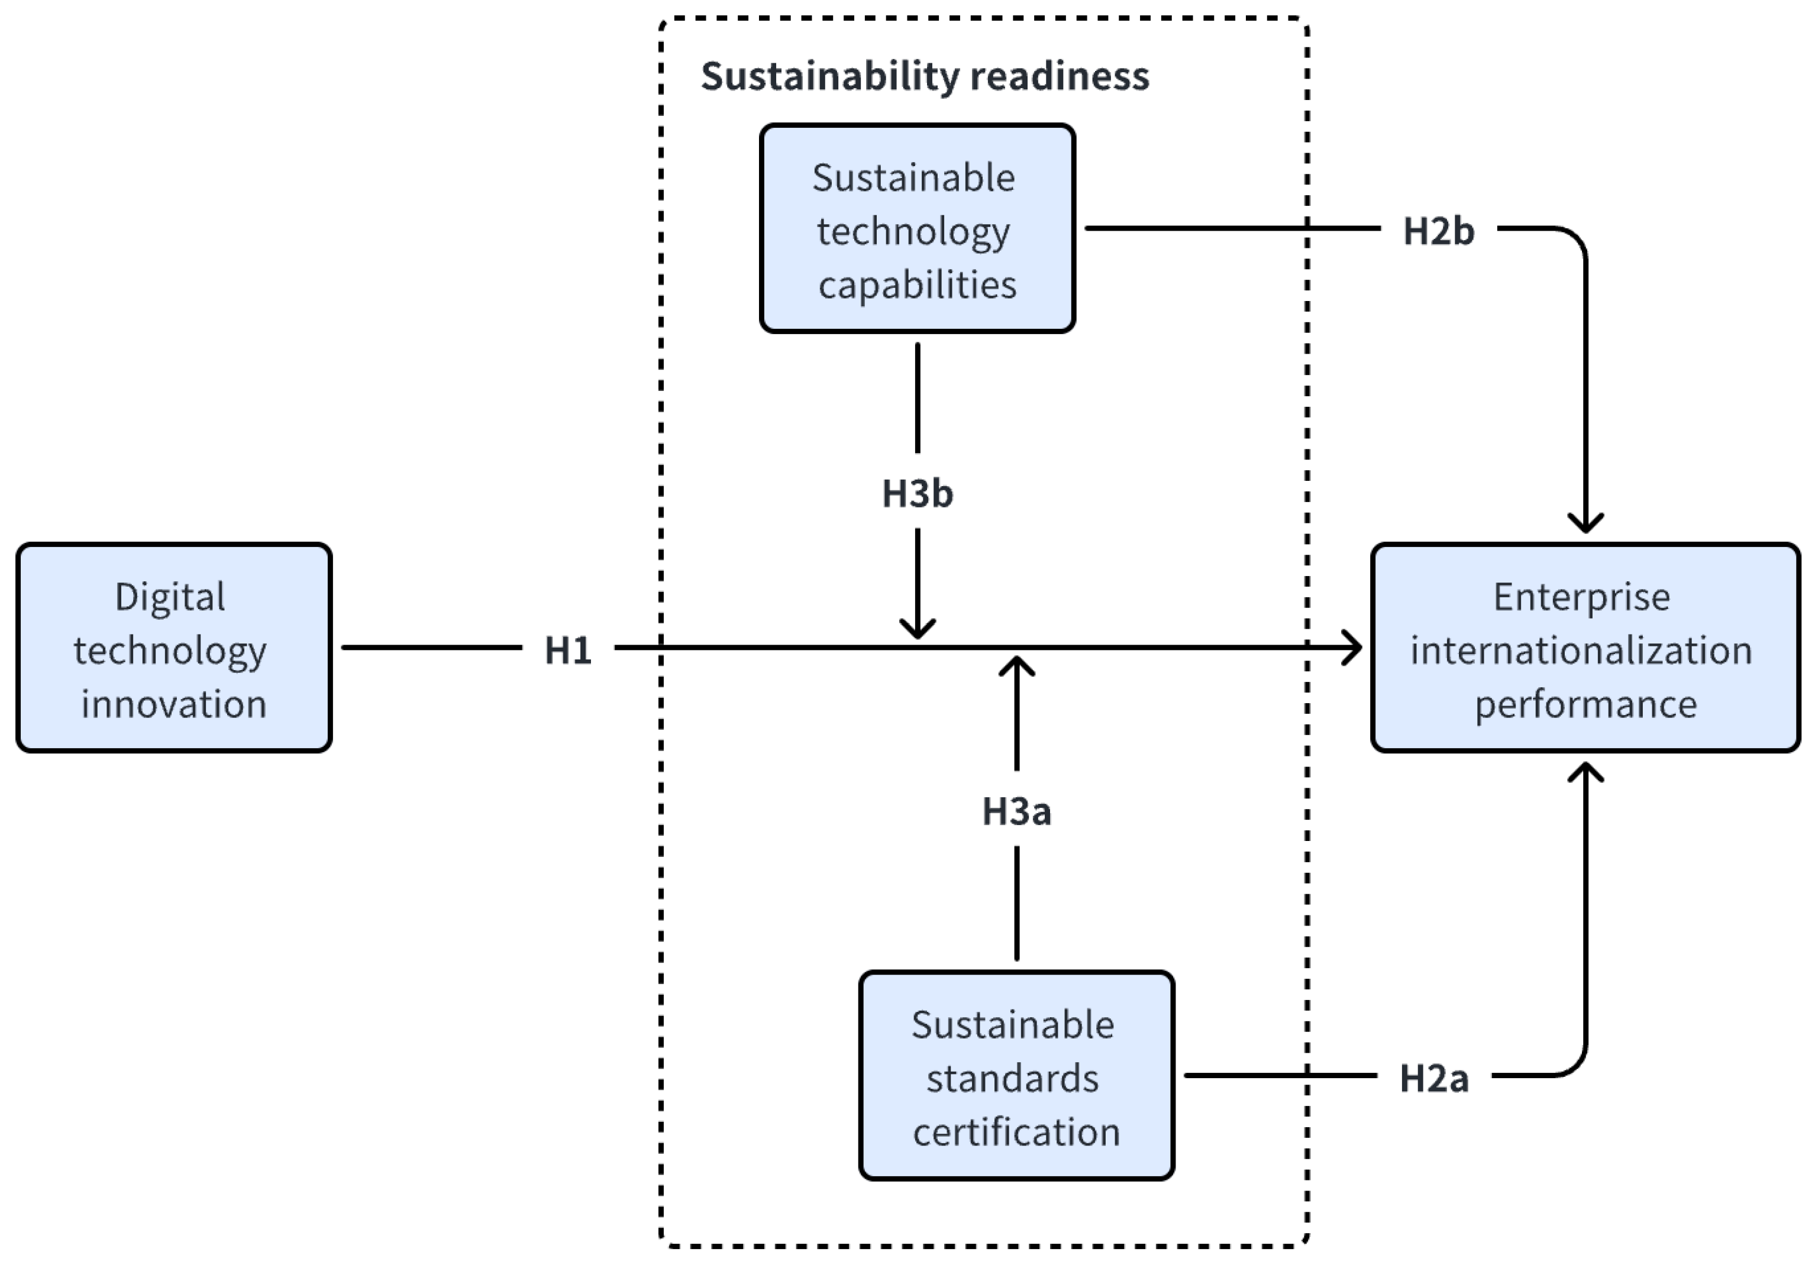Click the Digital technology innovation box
point(174,648)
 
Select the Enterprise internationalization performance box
point(1585,648)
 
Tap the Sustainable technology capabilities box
point(917,229)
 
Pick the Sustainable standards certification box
point(1016,1076)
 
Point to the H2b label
point(1438,231)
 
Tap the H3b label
point(917,494)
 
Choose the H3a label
point(1016,811)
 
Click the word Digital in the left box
point(170,597)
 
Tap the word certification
point(1016,1131)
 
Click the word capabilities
point(917,284)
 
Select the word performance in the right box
point(1585,704)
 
